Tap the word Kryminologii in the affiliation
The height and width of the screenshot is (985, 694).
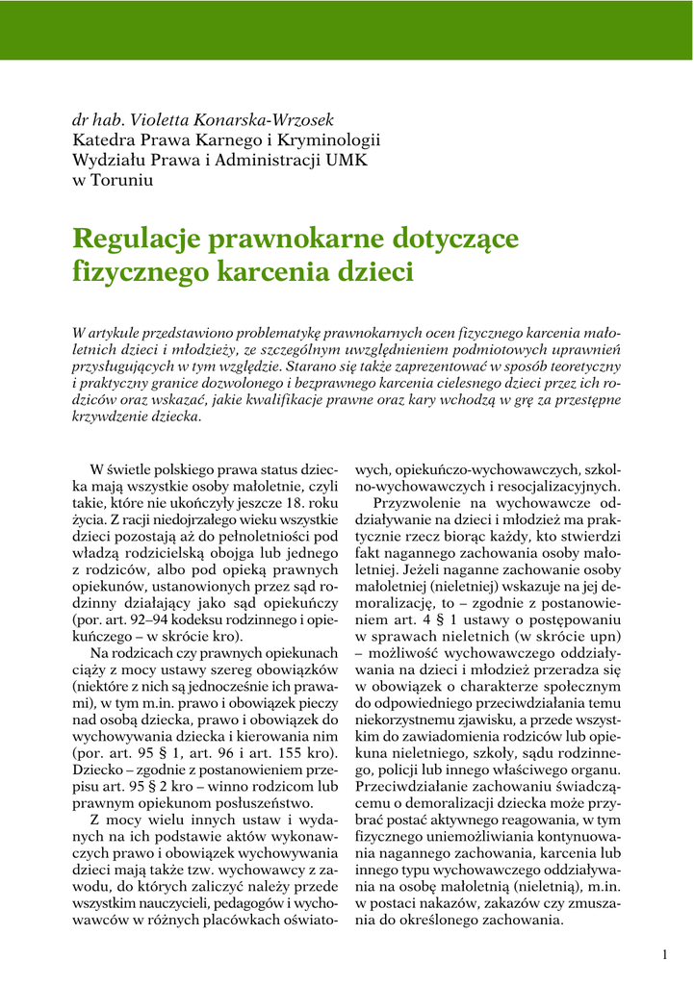pos(327,140)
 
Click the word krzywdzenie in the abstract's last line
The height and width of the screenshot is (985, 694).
pos(114,417)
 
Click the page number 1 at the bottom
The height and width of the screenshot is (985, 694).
pos(665,954)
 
